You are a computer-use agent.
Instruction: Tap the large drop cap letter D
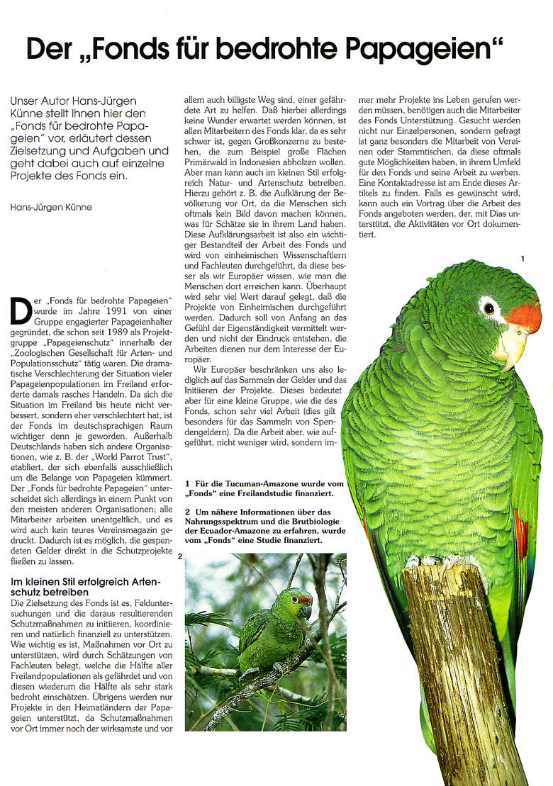21,309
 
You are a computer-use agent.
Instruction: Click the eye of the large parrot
488,308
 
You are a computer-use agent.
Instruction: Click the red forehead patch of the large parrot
526,314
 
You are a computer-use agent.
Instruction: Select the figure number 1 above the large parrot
523,259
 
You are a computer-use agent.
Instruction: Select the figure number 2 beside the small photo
180,556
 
